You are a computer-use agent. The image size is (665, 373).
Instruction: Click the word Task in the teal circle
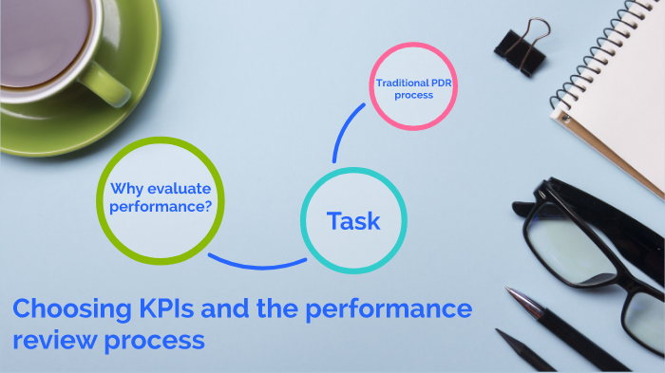pos(353,221)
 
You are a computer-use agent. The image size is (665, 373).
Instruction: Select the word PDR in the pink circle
pos(440,83)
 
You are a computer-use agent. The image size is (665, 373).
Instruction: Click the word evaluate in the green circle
pos(179,188)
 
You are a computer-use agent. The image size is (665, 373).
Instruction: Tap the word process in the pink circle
pos(415,95)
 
